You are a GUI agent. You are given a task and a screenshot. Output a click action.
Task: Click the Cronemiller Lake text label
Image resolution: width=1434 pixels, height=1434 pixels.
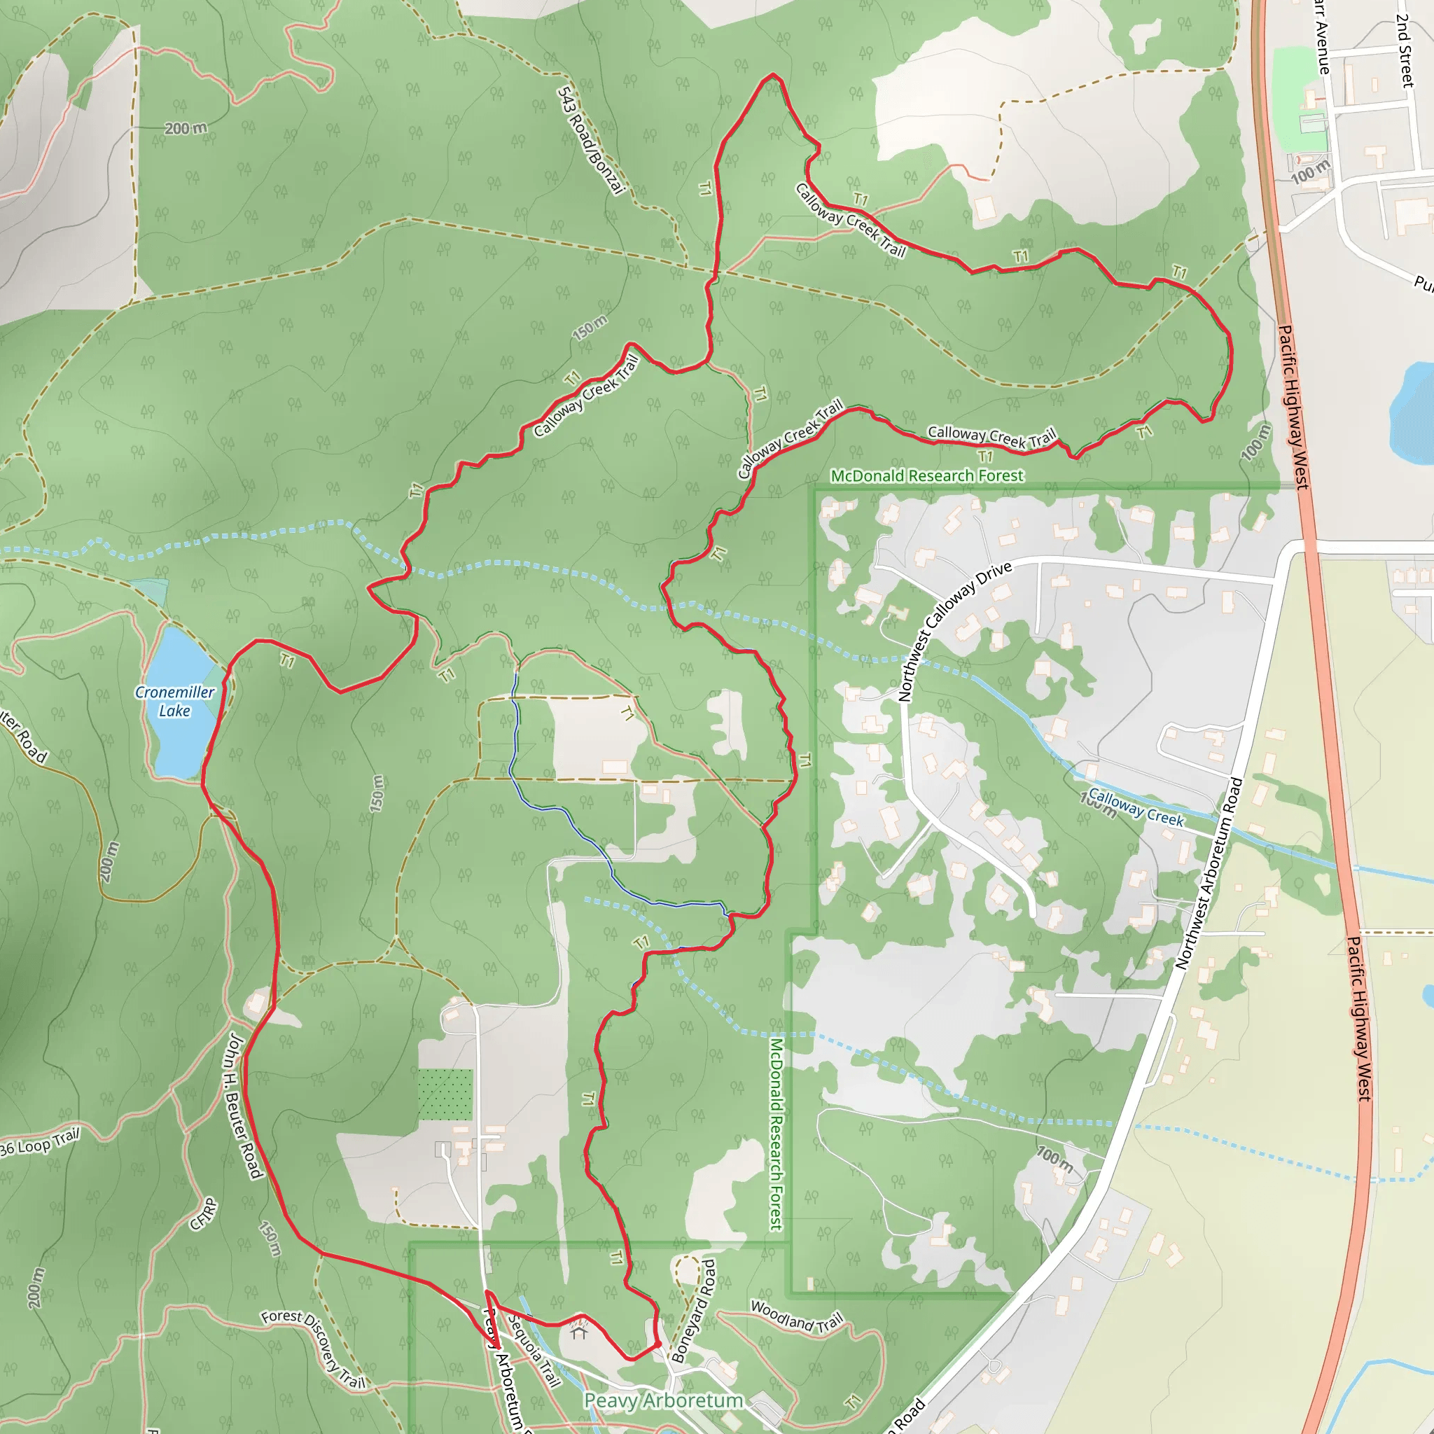coord(174,702)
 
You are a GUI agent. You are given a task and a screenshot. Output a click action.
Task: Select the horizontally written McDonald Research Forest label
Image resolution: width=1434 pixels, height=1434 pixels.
coord(926,475)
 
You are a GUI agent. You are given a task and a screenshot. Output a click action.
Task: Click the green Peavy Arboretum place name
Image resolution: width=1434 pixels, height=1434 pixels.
coord(663,1400)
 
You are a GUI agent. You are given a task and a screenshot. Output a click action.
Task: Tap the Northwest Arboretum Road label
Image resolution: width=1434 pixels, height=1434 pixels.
coord(1209,873)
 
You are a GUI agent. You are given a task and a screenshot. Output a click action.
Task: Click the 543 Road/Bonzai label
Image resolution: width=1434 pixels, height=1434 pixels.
coord(590,140)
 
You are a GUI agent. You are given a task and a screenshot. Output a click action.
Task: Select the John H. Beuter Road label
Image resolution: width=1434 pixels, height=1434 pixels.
coord(243,1106)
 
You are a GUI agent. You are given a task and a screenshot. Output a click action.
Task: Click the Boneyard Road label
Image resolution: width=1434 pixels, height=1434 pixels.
coord(694,1311)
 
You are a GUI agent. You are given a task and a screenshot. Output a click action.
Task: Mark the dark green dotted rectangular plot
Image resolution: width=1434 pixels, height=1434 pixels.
coord(445,1095)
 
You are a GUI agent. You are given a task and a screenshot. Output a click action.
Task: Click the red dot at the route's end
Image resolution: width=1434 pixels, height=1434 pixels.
coord(657,1344)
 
